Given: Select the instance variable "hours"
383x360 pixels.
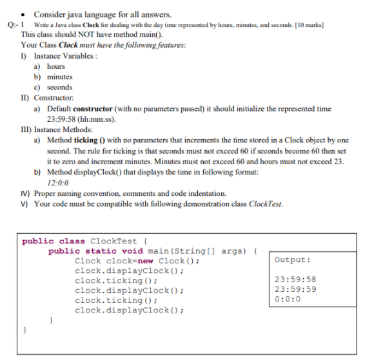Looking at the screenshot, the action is click(x=56, y=66).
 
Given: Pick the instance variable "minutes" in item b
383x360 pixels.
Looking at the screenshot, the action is click(x=60, y=77).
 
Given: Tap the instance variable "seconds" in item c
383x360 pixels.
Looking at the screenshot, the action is click(x=60, y=87).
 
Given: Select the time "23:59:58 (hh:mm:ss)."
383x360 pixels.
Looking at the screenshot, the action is click(x=81, y=119).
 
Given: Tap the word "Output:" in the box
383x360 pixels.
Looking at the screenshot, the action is click(x=292, y=260).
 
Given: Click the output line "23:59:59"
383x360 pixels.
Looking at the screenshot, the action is click(x=295, y=289).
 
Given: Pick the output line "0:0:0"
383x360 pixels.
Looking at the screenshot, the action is click(x=287, y=299).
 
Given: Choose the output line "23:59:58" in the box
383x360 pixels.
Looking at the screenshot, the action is click(x=295, y=279).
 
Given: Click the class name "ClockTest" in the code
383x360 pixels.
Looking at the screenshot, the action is click(x=114, y=241).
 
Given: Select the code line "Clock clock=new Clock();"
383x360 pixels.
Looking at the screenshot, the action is click(x=137, y=260).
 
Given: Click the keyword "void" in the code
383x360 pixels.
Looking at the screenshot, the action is click(x=133, y=251).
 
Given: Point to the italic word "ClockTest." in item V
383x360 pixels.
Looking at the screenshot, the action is click(x=265, y=204).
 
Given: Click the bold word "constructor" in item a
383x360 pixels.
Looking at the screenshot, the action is click(x=93, y=109).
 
